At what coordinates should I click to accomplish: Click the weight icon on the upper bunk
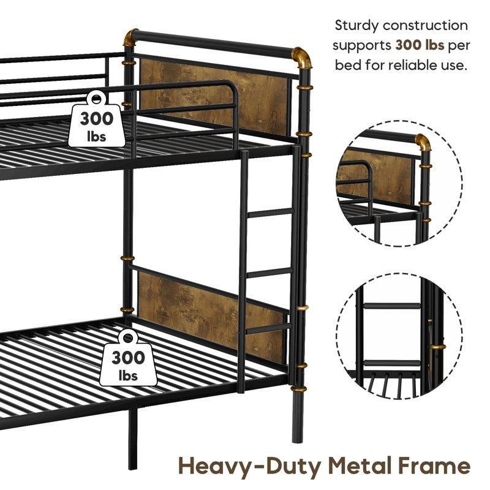click(x=97, y=119)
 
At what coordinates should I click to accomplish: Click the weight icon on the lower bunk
click(x=128, y=358)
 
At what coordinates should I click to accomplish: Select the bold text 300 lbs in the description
click(x=420, y=45)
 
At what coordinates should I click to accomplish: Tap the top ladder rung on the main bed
click(x=271, y=213)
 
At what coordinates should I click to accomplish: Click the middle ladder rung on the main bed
click(x=269, y=273)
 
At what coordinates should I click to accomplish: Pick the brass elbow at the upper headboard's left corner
click(x=131, y=37)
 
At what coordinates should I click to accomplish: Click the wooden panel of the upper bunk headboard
click(x=214, y=97)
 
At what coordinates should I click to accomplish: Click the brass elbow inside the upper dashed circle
click(x=423, y=142)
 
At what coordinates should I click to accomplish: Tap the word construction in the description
click(x=425, y=26)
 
